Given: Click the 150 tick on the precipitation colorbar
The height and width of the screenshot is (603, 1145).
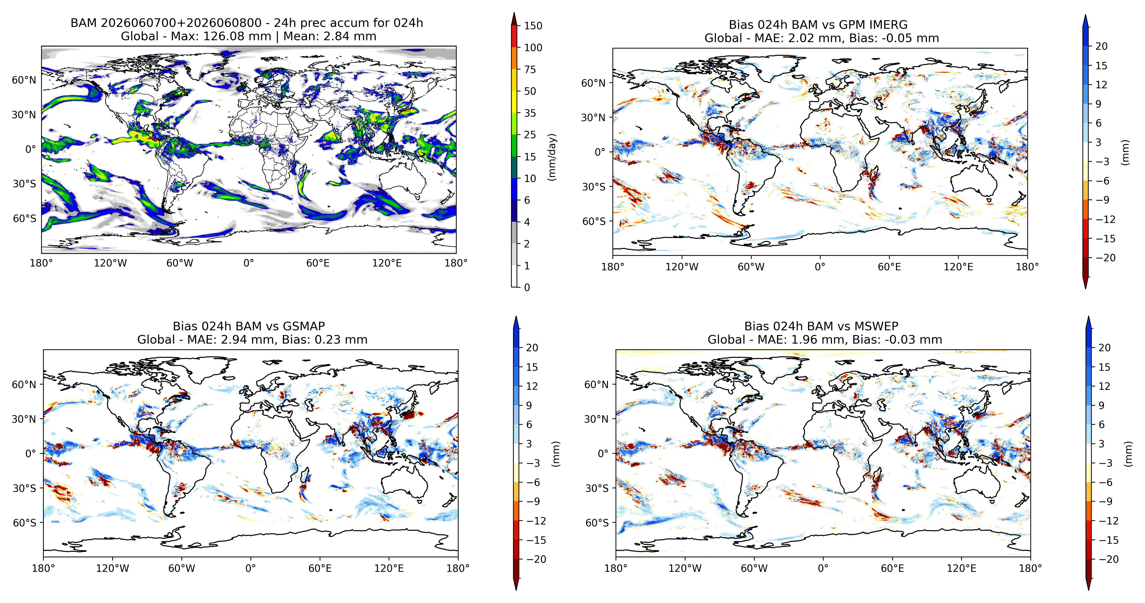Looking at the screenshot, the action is tap(533, 26).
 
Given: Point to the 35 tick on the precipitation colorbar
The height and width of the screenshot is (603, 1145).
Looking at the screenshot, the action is tap(530, 113).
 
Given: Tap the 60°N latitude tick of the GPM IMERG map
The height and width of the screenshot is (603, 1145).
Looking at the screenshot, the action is tap(593, 83).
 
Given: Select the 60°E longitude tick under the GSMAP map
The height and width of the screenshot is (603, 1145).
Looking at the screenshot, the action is tap(320, 568).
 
